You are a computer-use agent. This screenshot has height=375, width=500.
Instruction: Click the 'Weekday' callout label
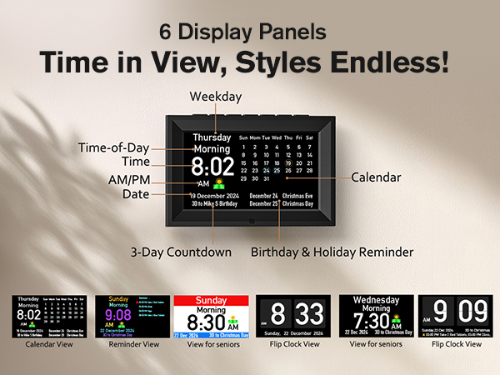pyautogui.click(x=216, y=97)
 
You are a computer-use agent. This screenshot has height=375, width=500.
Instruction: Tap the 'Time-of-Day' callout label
pyautogui.click(x=113, y=148)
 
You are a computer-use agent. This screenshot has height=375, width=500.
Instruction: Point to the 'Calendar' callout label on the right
pyautogui.click(x=375, y=177)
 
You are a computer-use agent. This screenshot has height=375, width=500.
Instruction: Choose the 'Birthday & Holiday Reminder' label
pyautogui.click(x=332, y=251)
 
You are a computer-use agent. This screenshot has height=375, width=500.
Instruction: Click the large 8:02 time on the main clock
pyautogui.click(x=212, y=167)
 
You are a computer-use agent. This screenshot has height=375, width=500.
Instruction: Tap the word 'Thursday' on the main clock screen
pyautogui.click(x=212, y=138)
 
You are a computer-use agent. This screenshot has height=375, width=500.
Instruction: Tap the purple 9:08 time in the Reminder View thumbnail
pyautogui.click(x=118, y=315)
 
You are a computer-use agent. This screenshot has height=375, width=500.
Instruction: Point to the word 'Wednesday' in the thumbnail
pyautogui.click(x=377, y=300)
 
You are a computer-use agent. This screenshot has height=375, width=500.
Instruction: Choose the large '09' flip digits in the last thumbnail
pyautogui.click(x=472, y=312)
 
